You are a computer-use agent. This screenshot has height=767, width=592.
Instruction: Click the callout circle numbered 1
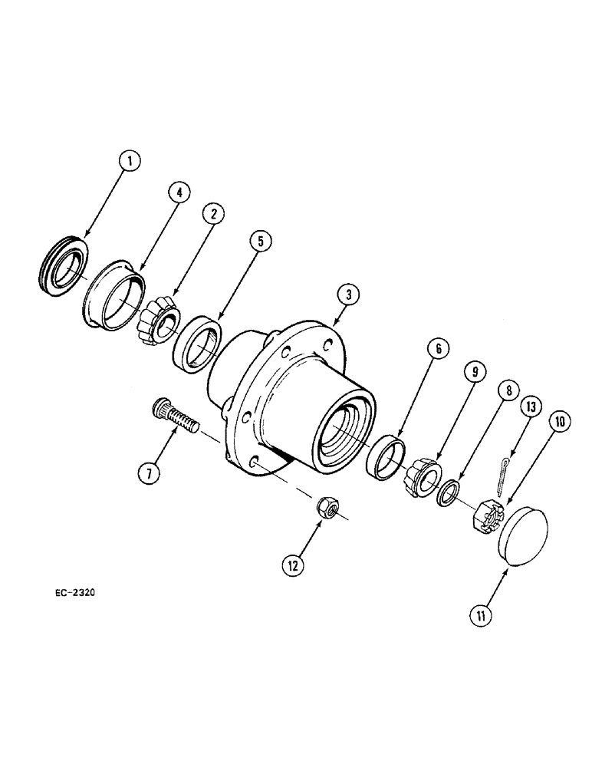coord(130,161)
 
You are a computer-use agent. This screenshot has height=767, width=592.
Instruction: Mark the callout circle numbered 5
coord(260,242)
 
